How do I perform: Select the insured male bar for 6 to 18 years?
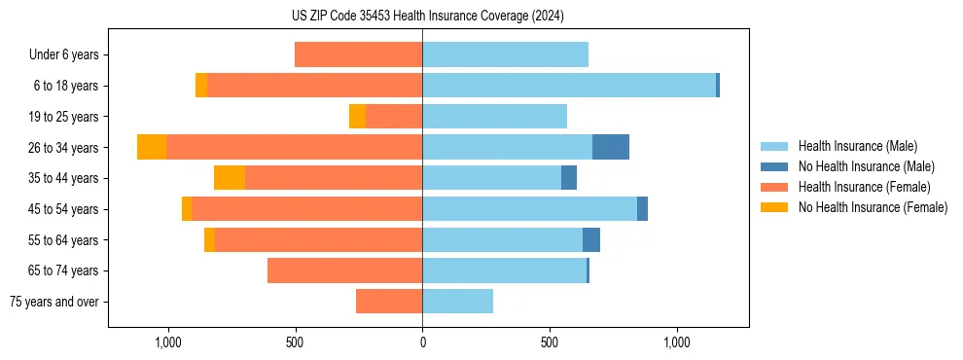(x=569, y=86)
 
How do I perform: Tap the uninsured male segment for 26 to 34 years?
(x=611, y=147)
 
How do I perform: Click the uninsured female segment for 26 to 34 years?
(x=152, y=147)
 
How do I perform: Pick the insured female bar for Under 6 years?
(x=358, y=54)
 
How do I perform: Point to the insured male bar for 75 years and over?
(x=457, y=302)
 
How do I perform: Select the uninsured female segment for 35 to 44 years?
(x=230, y=178)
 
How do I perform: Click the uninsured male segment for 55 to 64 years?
(x=591, y=239)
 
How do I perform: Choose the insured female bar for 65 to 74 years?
(x=344, y=270)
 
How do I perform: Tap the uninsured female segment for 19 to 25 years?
(x=357, y=117)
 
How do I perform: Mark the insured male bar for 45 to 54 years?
(x=529, y=209)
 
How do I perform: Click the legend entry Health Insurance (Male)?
(x=857, y=146)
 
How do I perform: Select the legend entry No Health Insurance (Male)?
(x=866, y=166)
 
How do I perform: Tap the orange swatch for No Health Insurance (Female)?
(x=775, y=207)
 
